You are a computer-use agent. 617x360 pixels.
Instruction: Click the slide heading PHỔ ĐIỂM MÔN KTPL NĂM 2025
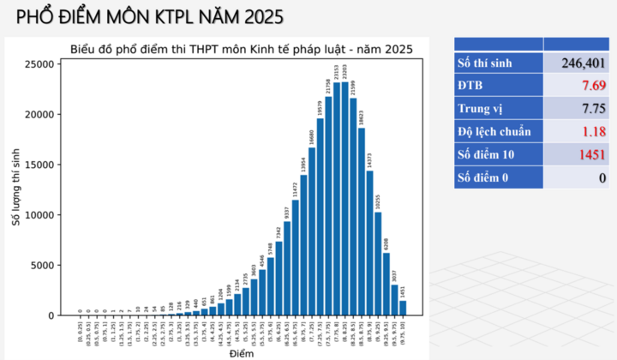[151, 17]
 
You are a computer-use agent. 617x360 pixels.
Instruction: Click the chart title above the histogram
[240, 50]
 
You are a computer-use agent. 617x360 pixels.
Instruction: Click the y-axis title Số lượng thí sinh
[15, 187]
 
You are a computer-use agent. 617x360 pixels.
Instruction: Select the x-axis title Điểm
[241, 353]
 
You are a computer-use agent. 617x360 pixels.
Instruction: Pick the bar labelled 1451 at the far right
[403, 308]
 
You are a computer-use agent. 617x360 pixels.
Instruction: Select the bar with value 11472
[296, 257]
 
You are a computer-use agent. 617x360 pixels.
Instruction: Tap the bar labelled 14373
[370, 243]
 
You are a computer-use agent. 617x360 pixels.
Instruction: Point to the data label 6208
[386, 243]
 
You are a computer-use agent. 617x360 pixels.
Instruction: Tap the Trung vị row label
[481, 109]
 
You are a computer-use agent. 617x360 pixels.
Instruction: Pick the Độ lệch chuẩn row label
[495, 132]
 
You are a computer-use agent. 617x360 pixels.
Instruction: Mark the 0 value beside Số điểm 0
[602, 178]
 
